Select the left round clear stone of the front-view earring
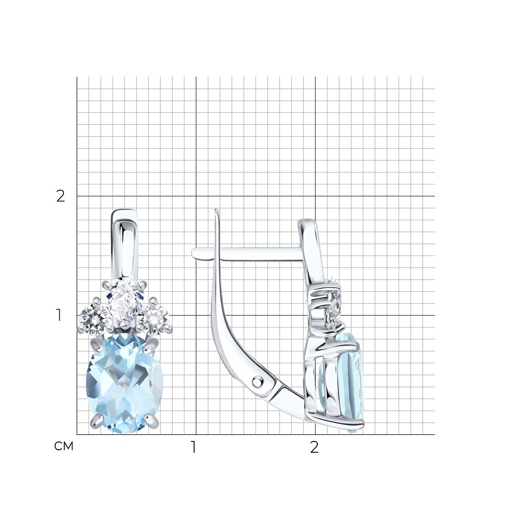pos(93,316)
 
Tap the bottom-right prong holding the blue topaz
pos(151,421)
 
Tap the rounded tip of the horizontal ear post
pos(195,254)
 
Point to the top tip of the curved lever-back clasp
pos(216,211)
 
